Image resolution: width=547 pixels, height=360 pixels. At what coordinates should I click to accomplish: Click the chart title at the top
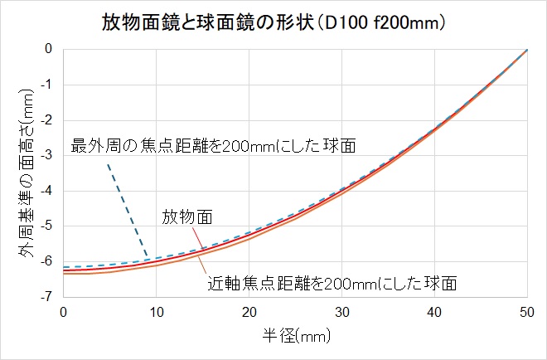point(273,22)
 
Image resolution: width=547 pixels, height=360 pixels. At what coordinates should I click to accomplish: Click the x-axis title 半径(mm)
point(294,338)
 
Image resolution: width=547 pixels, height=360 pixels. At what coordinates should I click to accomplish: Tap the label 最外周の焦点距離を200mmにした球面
point(214,146)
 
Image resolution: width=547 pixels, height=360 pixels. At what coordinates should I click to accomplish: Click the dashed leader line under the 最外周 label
point(128,211)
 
